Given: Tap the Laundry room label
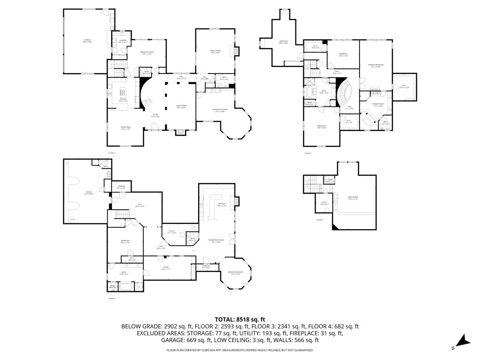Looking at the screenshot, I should [x=123, y=41].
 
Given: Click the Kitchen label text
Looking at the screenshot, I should [x=123, y=100].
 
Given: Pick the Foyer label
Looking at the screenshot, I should [x=155, y=115].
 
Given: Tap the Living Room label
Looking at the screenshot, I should [x=181, y=106].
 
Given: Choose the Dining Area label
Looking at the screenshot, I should [x=126, y=128].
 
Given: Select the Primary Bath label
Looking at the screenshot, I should [x=378, y=105].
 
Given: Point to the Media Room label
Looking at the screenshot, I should [x=352, y=198].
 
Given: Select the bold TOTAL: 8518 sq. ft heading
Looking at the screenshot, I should [x=240, y=319].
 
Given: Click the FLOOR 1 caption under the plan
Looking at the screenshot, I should [x=112, y=298].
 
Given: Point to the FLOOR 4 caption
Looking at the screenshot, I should [x=319, y=220].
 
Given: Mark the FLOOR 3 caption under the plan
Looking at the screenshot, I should [x=308, y=153].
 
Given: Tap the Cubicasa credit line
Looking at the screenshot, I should [x=240, y=350].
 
